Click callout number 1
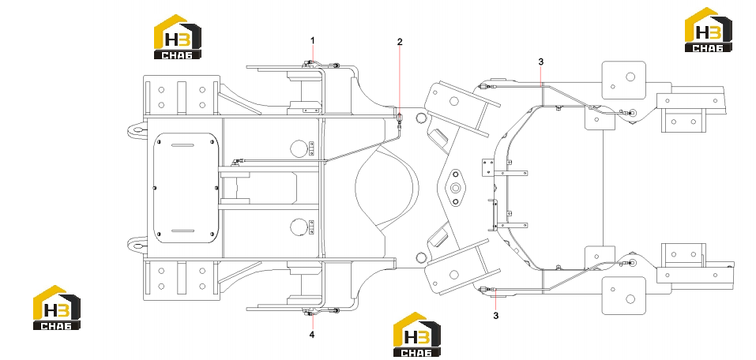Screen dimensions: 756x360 [x=312, y=40]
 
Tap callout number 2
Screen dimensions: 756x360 [x=400, y=42]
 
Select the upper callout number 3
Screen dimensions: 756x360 [x=541, y=62]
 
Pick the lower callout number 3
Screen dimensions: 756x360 [x=495, y=316]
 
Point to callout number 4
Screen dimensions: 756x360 [x=312, y=335]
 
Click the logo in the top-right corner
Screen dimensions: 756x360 [x=709, y=29]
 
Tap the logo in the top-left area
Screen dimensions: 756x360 [x=178, y=36]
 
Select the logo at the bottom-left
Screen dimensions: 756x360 [x=56, y=307]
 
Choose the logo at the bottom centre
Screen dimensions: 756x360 [x=417, y=334]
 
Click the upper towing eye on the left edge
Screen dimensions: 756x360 [x=137, y=129]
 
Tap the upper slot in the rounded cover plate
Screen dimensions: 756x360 [x=182, y=145]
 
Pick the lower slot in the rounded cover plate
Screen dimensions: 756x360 [x=182, y=231]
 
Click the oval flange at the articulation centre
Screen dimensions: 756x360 [x=455, y=187]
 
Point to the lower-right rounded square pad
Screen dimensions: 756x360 [x=624, y=295]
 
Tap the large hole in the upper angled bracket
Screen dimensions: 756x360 [x=453, y=101]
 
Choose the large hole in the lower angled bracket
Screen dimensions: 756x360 [x=453, y=275]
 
